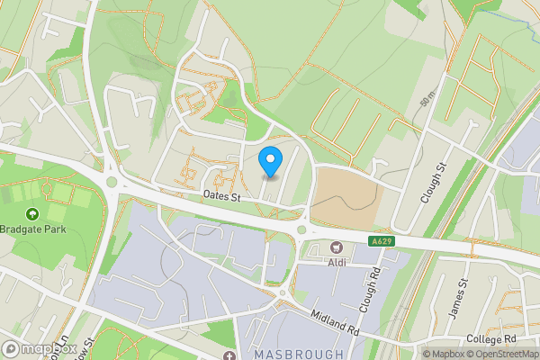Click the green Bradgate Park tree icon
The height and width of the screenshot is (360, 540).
coord(32,214)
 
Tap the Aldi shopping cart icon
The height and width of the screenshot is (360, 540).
coord(337,247)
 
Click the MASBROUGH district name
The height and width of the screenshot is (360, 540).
coord(299,354)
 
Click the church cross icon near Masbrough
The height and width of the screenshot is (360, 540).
coord(229,355)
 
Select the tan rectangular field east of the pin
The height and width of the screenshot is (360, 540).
coord(346,194)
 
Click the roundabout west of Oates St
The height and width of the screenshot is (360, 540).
coord(112,182)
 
